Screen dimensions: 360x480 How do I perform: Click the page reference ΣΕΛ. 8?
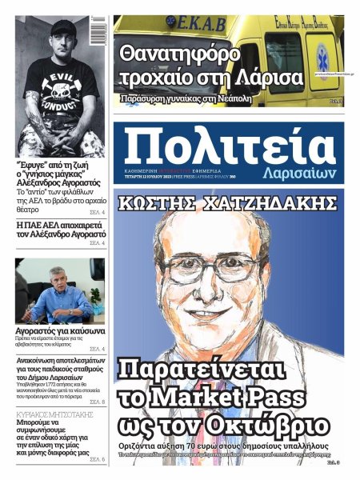pyautogui.click(x=98, y=402)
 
